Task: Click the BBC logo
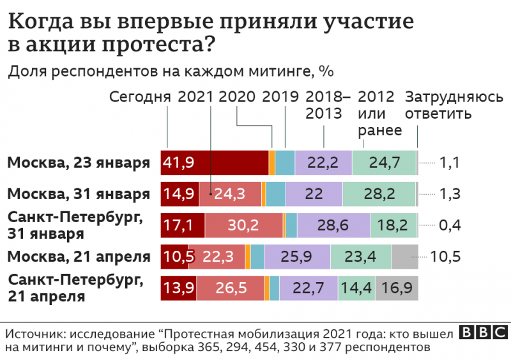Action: tap(484, 333)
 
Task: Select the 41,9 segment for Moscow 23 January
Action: tap(215, 163)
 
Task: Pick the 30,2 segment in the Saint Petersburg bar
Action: tap(243, 225)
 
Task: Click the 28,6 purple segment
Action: tap(333, 225)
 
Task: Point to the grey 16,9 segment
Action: tap(397, 289)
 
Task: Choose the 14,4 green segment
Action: tap(356, 289)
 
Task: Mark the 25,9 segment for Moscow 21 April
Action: tap(297, 257)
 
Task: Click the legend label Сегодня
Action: tap(140, 97)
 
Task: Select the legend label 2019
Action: tap(280, 97)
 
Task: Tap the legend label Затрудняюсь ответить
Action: tap(455, 106)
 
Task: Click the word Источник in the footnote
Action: tap(34, 334)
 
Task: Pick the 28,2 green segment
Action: tap(379, 193)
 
